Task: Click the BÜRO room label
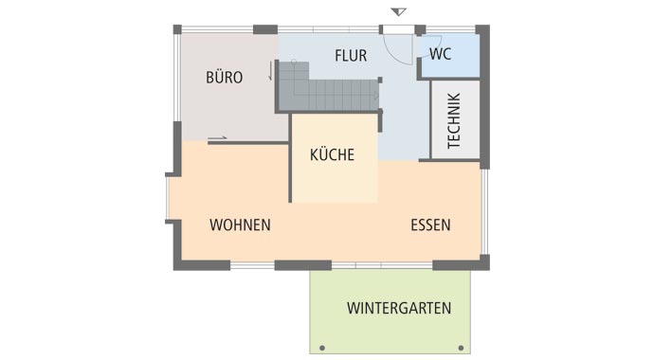tap(224, 78)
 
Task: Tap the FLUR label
tap(351, 56)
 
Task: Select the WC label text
tap(441, 53)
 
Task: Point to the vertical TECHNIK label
tap(453, 120)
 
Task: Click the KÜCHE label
tap(332, 154)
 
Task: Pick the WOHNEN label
tap(240, 225)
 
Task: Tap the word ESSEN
tap(430, 225)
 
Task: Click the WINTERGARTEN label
tap(398, 308)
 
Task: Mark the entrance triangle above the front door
tap(399, 12)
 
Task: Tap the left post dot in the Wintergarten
tap(322, 347)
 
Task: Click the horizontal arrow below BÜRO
tap(217, 139)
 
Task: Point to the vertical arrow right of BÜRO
tap(271, 71)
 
